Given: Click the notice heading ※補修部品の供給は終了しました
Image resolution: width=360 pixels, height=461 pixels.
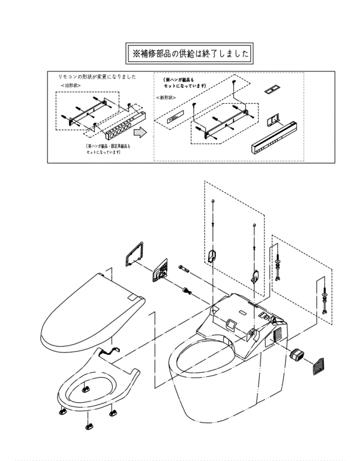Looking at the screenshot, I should point(189,53).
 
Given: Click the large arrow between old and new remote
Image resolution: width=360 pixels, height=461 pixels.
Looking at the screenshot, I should point(139,131).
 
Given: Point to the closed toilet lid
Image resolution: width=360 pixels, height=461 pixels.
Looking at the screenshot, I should point(90,309).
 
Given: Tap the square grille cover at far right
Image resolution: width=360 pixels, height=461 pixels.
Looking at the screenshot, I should point(319,366).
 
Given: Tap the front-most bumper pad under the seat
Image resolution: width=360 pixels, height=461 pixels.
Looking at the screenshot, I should point(88,426).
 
